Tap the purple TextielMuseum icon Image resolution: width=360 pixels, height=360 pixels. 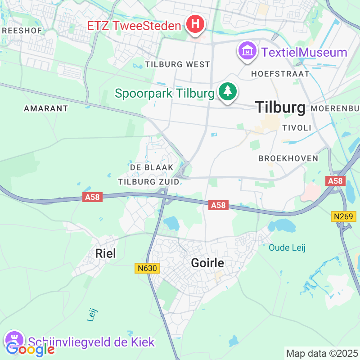247,52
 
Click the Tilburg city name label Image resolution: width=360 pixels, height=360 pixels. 280,107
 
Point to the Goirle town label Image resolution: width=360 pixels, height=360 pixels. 207,263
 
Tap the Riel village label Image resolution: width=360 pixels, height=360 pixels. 105,253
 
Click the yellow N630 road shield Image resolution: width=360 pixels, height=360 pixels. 147,268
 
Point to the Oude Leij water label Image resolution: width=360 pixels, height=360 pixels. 287,247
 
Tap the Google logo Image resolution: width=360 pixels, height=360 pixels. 30,349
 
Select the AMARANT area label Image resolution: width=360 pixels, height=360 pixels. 46,108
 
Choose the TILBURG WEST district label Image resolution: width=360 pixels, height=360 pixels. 177,64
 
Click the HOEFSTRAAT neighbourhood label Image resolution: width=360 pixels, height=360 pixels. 280,73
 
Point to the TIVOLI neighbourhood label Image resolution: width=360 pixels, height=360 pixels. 296,128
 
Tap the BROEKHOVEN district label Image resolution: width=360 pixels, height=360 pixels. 288,158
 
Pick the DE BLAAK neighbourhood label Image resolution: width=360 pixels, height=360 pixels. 151,167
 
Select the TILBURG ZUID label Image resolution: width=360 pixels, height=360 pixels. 148,182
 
